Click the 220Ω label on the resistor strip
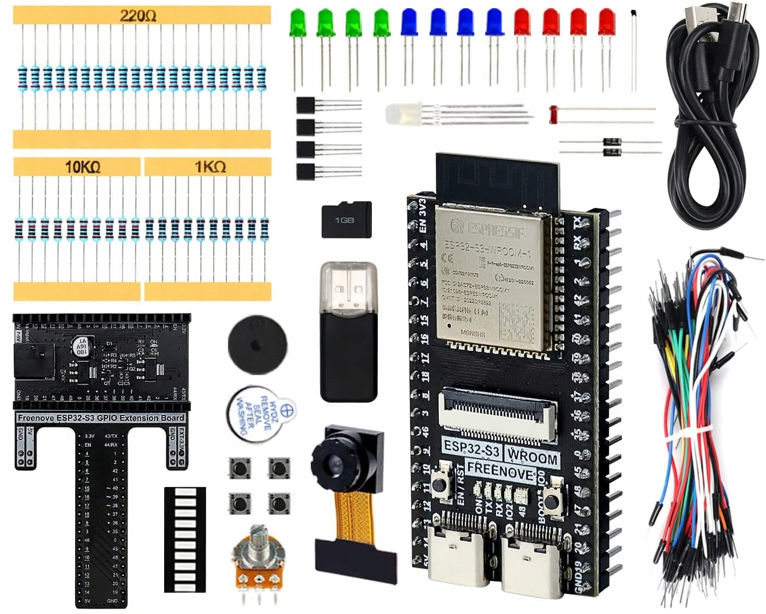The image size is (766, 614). [138, 16]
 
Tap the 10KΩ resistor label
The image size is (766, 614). [82, 167]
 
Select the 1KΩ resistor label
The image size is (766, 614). [210, 167]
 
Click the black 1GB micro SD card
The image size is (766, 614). [346, 219]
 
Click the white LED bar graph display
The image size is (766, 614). [185, 539]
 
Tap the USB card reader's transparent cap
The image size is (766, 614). [349, 287]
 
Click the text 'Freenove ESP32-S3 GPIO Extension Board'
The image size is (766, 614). [101, 418]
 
